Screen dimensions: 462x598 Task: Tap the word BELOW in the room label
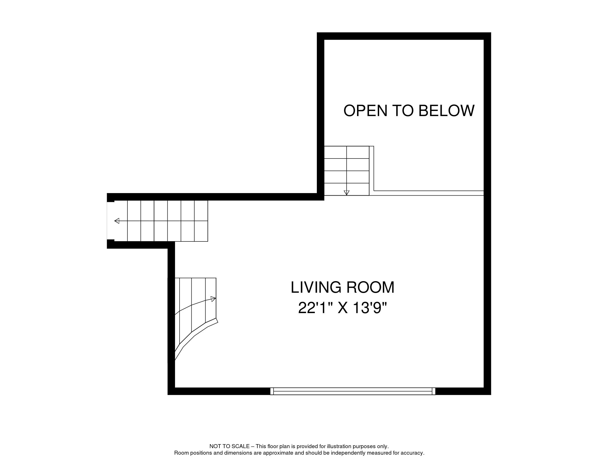click(446, 111)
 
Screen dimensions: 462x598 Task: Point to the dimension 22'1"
click(315, 308)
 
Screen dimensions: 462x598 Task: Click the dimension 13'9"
click(370, 308)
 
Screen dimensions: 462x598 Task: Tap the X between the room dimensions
click(343, 308)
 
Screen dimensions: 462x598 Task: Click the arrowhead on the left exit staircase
click(117, 221)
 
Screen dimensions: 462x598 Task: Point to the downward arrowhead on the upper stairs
click(347, 192)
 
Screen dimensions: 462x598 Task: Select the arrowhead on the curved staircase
click(213, 299)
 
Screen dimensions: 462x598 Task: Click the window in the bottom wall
click(353, 391)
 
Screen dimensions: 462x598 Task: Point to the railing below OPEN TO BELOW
click(428, 193)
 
